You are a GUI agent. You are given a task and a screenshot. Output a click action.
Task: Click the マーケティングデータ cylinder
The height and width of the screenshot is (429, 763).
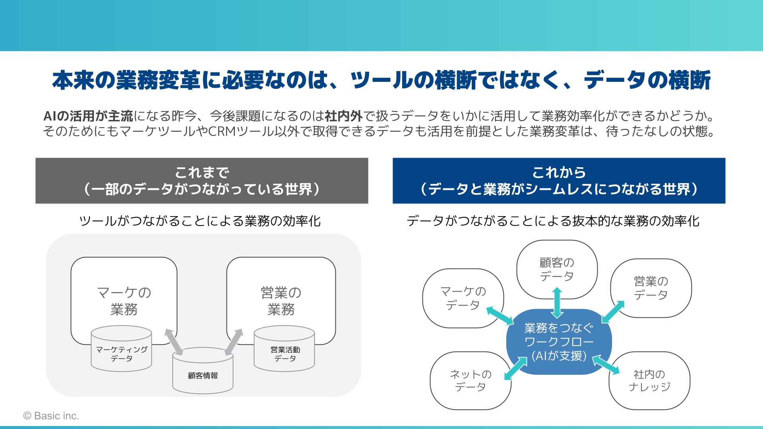coord(121,349)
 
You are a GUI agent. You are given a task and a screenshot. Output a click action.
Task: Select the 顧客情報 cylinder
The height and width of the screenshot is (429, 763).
coord(203,371)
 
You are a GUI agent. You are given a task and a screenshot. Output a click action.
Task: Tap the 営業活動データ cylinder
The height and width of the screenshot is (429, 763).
coord(284,349)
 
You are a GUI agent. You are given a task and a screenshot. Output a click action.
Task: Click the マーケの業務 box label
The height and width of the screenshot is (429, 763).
coord(124,301)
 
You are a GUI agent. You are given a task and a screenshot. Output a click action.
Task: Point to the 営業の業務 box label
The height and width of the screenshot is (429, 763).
coord(281,301)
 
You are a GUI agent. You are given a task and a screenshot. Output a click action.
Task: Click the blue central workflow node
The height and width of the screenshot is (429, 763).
coord(559,342)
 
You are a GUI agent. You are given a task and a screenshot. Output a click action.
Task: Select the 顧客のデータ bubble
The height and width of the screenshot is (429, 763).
coord(557,269)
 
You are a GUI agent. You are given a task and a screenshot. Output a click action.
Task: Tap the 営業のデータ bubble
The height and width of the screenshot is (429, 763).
coord(651,288)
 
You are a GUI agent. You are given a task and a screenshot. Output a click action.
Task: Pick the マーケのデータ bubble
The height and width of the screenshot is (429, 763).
coord(463,298)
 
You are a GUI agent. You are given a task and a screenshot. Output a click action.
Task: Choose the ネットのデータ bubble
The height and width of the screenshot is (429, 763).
coord(471,381)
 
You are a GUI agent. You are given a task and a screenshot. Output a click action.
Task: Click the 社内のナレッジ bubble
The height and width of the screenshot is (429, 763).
coord(649,381)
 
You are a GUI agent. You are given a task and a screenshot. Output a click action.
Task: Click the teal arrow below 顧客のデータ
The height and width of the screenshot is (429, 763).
coord(557,303)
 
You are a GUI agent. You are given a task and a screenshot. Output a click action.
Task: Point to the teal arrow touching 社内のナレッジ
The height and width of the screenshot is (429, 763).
coord(606,365)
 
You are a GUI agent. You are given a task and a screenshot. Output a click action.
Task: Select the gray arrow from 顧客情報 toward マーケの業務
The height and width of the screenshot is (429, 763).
coord(174,342)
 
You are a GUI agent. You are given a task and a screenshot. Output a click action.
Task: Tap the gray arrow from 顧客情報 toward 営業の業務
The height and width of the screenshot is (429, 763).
coord(234,342)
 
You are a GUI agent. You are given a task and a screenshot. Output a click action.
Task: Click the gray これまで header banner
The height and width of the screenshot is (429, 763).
coord(202,181)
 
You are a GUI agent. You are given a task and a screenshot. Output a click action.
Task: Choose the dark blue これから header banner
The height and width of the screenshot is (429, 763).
coord(559,181)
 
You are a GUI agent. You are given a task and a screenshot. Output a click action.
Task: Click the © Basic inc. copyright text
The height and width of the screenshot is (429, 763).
coord(51,416)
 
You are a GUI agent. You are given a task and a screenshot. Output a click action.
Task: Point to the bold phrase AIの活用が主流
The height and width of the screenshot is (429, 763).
coord(88,116)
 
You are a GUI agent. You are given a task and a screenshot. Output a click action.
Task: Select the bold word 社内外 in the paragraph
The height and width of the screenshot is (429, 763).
coord(344,116)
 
